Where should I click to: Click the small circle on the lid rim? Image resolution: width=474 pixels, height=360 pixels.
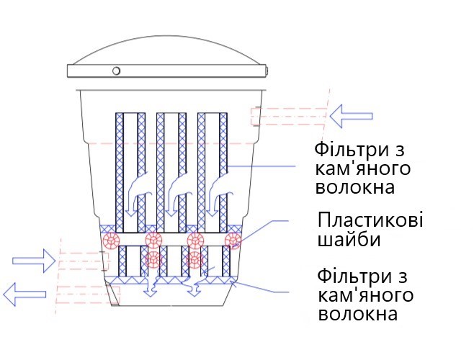(116, 71)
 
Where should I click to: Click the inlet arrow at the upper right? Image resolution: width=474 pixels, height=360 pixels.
(351, 116)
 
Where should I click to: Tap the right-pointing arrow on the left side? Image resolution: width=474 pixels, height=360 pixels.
(34, 261)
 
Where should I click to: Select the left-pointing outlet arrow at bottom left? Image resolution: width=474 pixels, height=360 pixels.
(24, 294)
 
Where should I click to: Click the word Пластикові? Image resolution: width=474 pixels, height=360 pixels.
(370, 220)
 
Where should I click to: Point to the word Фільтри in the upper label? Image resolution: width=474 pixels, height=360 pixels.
(359, 150)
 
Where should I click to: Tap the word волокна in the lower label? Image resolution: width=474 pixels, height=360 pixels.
(358, 314)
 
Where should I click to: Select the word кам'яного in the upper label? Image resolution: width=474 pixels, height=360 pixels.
(363, 169)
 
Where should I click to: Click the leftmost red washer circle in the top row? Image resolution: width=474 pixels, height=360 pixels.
(111, 240)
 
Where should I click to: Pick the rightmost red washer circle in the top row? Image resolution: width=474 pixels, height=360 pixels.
(233, 240)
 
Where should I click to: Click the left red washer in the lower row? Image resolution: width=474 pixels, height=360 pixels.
(153, 259)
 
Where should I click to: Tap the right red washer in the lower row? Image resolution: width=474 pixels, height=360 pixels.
(194, 259)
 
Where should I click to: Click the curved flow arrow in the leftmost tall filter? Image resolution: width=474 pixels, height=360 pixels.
(137, 189)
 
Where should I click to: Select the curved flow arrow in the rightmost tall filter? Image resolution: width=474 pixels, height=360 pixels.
(219, 189)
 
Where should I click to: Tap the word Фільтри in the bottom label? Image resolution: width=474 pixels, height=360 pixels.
(362, 276)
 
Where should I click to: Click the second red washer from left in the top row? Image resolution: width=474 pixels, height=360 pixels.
(154, 240)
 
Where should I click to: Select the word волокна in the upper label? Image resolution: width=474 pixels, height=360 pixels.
(355, 187)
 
